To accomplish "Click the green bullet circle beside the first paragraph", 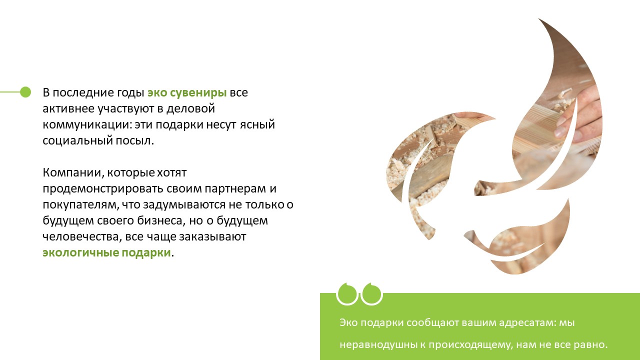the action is point(25,92).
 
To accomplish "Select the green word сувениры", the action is point(198,93).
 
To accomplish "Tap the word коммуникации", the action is point(87,125).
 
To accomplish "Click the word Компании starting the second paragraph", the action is point(73,172).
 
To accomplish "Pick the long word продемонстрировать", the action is point(103,189).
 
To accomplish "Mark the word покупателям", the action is point(81,205).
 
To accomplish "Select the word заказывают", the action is point(212,237).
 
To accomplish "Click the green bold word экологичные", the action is point(80,253).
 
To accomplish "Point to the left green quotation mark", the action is point(347,293).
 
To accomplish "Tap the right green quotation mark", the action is point(371,293).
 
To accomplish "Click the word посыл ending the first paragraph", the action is point(134,141).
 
